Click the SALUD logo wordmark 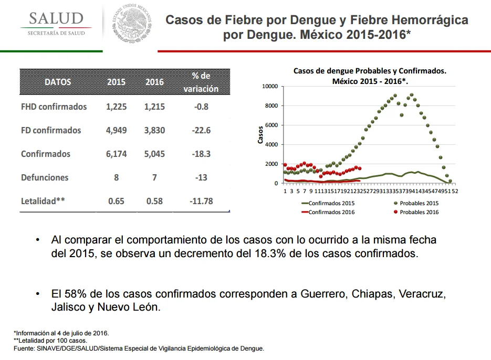(56, 18)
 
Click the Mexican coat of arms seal (132, 23)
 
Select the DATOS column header (58, 82)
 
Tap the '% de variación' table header (201, 82)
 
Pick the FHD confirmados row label (54, 107)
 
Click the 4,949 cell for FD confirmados (116, 130)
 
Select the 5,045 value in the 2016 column (154, 154)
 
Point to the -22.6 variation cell (201, 130)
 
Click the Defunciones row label (45, 177)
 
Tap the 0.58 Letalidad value (154, 201)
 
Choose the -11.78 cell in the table (201, 201)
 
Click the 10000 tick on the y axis (270, 87)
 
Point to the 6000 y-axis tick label (271, 125)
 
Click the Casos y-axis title (260, 135)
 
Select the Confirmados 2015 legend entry (328, 203)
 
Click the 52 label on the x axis (455, 191)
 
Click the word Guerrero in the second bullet (324, 294)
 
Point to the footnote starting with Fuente (139, 348)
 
